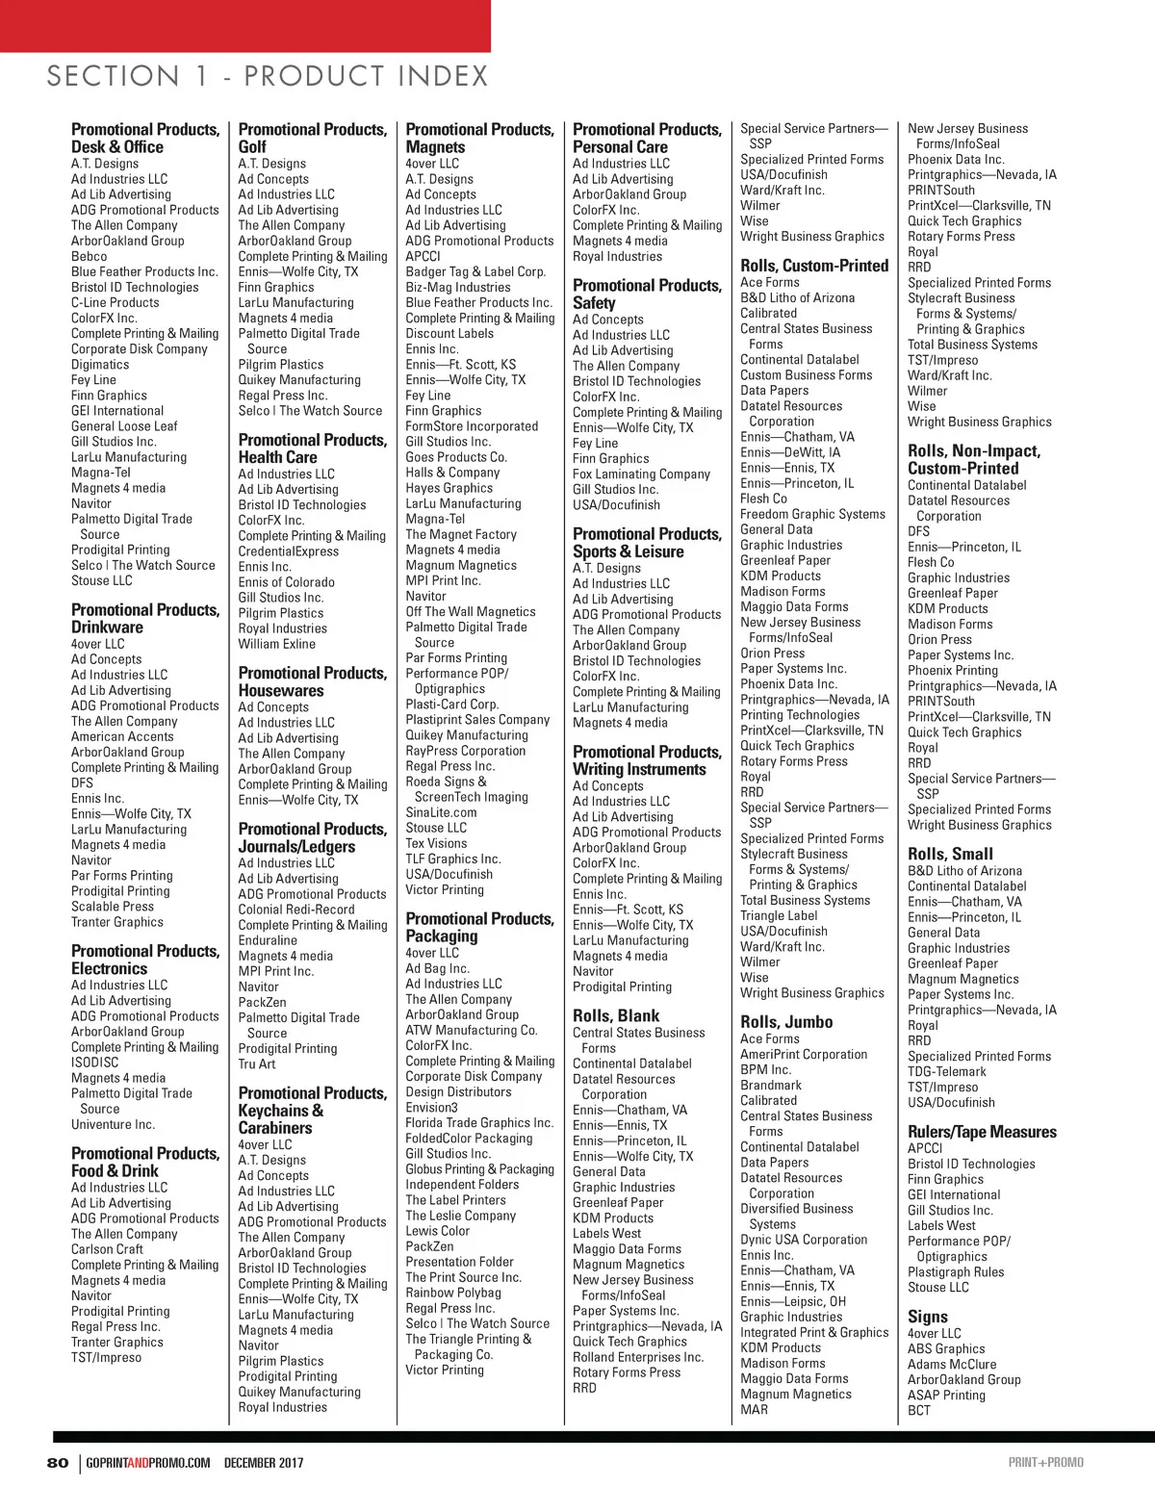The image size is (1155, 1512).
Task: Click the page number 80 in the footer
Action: [58, 1463]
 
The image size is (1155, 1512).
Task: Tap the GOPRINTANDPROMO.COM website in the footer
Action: [148, 1463]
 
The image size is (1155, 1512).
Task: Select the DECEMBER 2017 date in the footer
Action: [264, 1463]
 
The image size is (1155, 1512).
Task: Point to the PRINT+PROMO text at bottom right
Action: [1045, 1463]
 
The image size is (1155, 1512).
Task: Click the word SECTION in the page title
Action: [114, 76]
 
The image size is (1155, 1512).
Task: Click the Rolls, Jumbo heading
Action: [786, 1022]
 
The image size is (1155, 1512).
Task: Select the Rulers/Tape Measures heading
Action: [982, 1132]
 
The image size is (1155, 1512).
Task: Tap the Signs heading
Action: [928, 1317]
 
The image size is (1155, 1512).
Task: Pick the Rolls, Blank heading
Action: [616, 1015]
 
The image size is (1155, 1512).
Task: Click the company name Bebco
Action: [90, 256]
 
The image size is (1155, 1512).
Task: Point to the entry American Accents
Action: [122, 736]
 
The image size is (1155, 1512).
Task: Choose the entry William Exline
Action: [277, 644]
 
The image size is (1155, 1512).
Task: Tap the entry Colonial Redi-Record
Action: [296, 910]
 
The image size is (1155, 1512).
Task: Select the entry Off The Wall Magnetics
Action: [471, 611]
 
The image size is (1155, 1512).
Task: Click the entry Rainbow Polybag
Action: [453, 1293]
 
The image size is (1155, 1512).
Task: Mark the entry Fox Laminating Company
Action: [641, 474]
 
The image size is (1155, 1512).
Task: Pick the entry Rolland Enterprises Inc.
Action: [638, 1357]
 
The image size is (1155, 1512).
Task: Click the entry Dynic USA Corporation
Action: [804, 1240]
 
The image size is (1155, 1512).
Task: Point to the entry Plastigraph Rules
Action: [956, 1271]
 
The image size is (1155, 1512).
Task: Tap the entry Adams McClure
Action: [952, 1364]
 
